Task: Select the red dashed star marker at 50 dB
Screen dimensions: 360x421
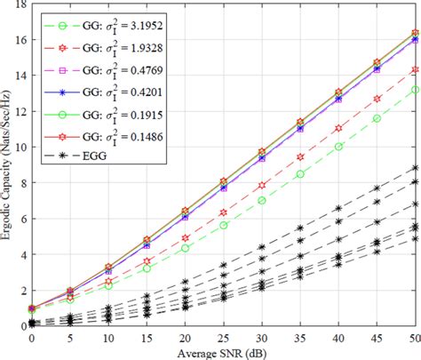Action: [414, 69]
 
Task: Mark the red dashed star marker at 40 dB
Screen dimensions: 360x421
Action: [338, 129]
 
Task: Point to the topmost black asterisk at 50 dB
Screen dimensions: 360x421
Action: [414, 167]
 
